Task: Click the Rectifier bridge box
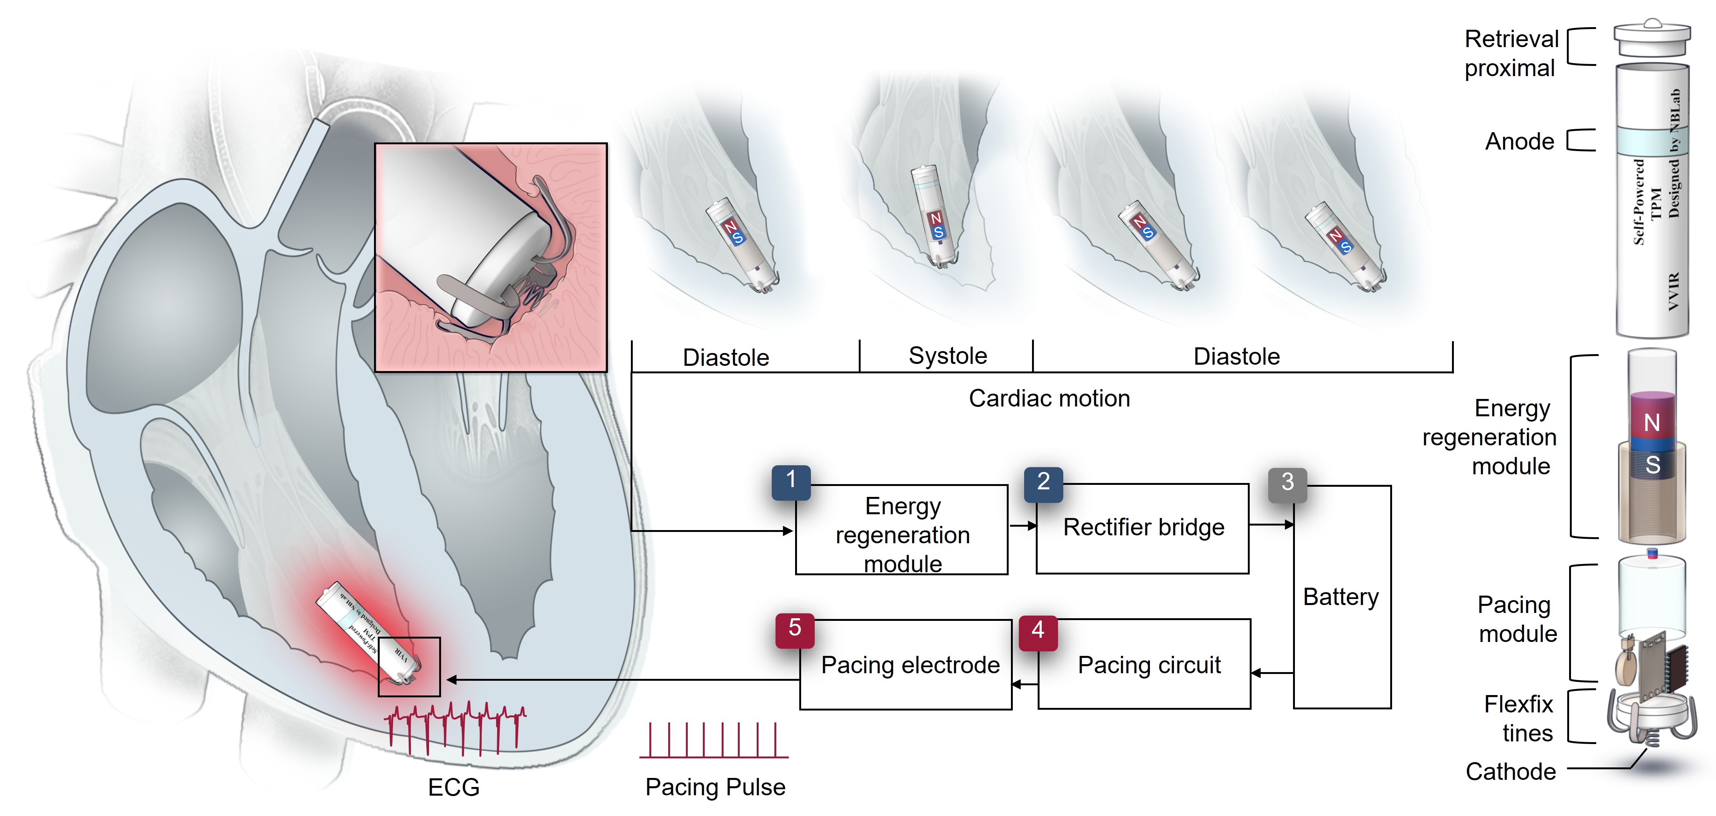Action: point(1143,528)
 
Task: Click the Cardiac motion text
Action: point(1049,398)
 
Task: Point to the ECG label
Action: point(453,787)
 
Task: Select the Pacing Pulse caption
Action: point(715,787)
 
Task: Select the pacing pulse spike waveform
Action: point(713,741)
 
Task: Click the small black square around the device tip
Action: point(409,667)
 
